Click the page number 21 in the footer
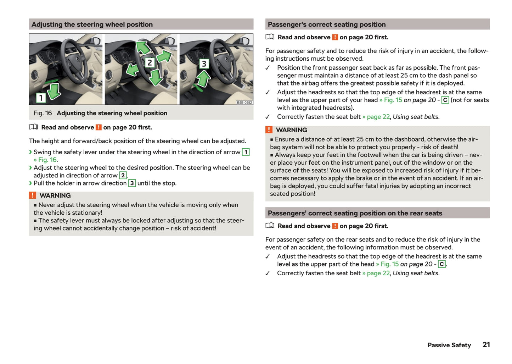click(x=486, y=344)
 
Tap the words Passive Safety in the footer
click(x=449, y=345)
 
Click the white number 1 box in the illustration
click(x=41, y=98)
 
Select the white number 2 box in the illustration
click(x=150, y=63)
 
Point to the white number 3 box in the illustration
click(x=204, y=64)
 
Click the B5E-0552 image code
click(x=244, y=103)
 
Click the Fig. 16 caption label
click(x=43, y=113)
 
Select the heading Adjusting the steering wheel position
click(x=92, y=24)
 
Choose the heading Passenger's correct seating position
click(x=327, y=24)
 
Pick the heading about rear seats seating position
click(x=355, y=213)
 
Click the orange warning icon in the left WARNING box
click(x=33, y=195)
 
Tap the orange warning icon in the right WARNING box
click(x=269, y=130)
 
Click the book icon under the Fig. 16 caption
click(x=33, y=127)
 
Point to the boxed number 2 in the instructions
click(x=123, y=175)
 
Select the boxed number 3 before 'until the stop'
click(x=132, y=183)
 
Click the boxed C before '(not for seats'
click(x=445, y=100)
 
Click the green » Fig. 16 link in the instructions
click(x=45, y=160)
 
